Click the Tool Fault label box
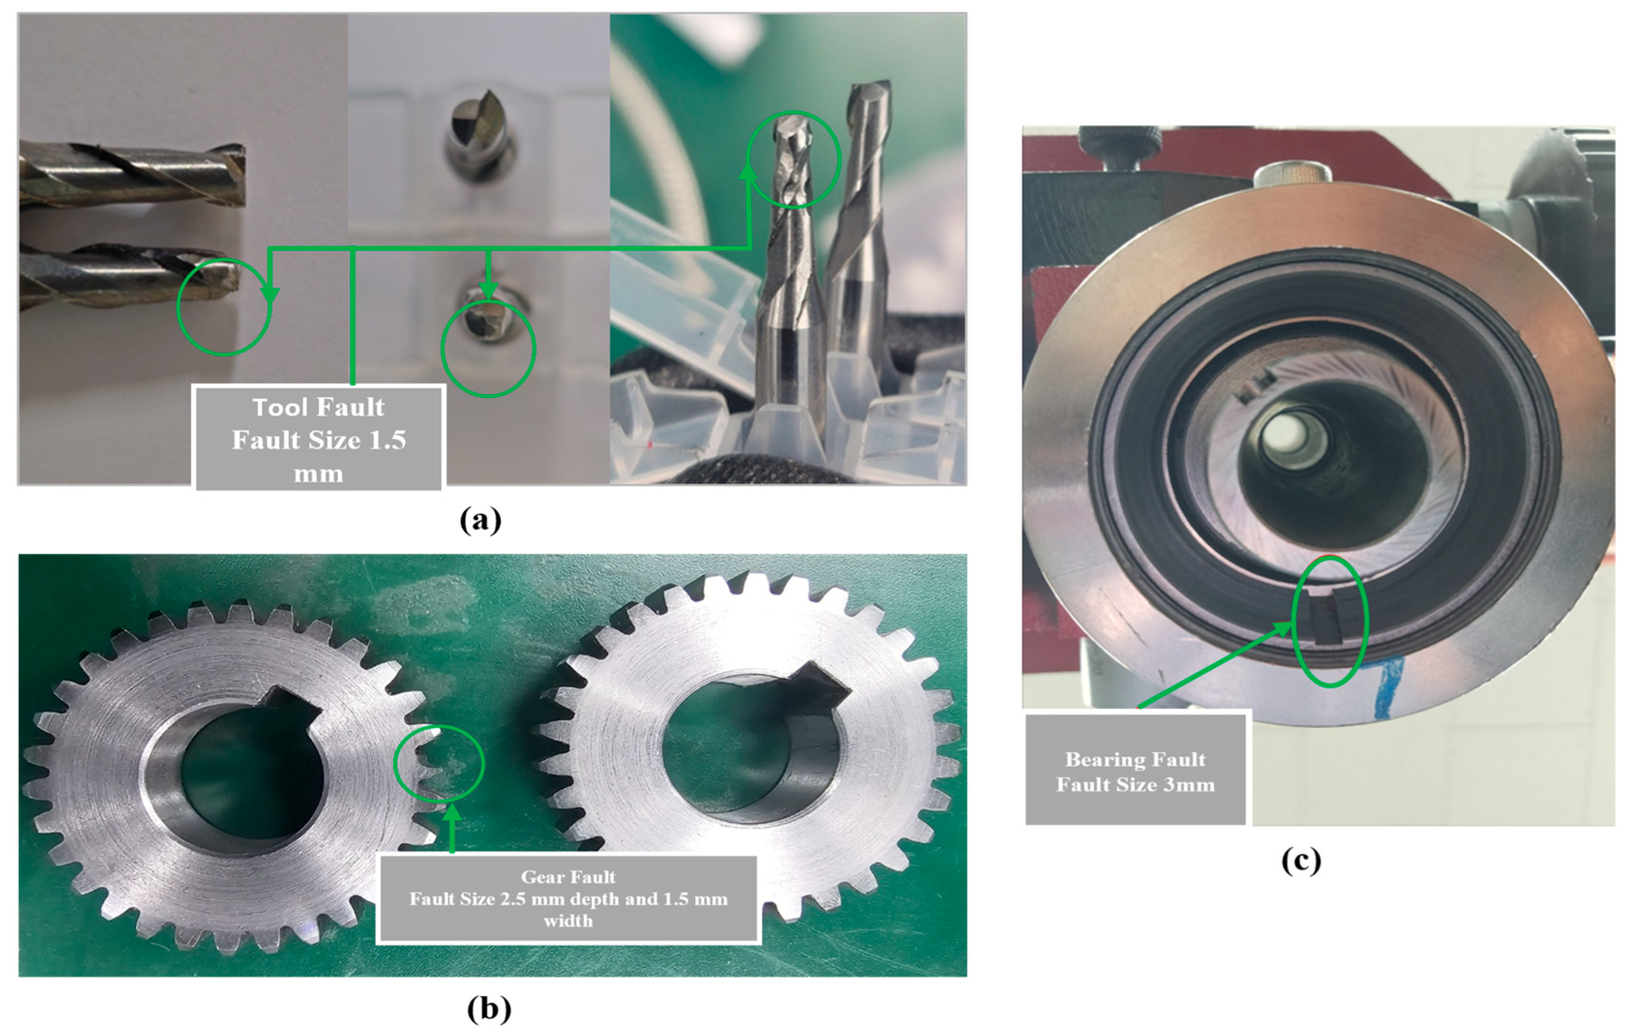click(319, 438)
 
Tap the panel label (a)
click(481, 520)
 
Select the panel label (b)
click(489, 1009)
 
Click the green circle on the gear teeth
click(395, 764)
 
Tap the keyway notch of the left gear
click(291, 707)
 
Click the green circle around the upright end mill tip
click(840, 159)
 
